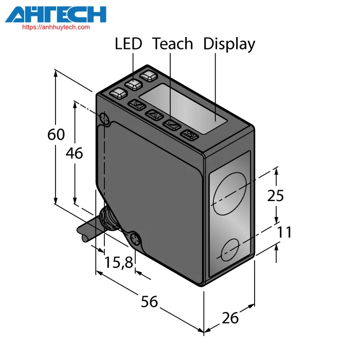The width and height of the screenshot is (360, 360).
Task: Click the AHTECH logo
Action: coord(56,14)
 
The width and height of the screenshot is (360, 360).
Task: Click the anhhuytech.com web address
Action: coord(56,27)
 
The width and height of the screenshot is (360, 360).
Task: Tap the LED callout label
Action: coord(129,44)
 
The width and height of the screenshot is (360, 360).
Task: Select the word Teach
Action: coord(172,44)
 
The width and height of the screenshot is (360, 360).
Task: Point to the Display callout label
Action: coord(229,44)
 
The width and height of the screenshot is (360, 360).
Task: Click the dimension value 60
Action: coord(56,134)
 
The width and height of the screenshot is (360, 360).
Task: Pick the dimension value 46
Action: coord(74,153)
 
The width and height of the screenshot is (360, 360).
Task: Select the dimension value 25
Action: coord(276,195)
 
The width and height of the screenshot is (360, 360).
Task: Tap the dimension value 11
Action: coord(284,232)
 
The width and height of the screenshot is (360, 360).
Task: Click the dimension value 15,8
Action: coord(119,262)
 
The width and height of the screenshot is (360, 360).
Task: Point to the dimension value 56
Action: coord(149,301)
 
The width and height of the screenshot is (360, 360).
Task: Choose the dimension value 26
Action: coord(230,318)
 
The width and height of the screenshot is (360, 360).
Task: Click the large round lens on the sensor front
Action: coord(229,193)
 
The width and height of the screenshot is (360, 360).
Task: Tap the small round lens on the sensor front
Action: coord(230,250)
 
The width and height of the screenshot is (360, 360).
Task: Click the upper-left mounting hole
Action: coord(104,118)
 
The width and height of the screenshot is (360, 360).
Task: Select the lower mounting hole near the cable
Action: coord(136,240)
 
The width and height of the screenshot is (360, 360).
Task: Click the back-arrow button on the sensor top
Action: coord(189,135)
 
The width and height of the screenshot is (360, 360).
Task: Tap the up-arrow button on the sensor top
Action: coord(154,115)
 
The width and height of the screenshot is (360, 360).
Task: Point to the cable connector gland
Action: coord(109,219)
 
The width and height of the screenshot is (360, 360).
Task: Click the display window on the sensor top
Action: coord(183,109)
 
